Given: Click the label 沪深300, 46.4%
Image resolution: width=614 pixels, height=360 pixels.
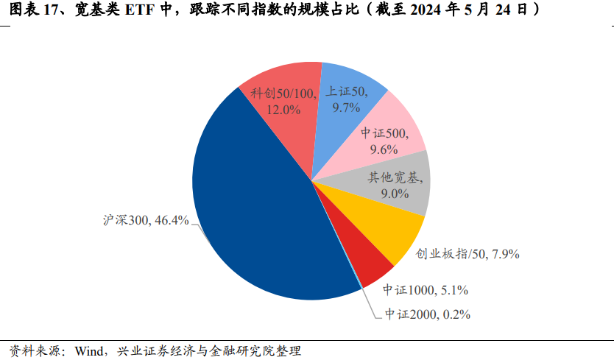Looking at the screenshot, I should tap(146, 220).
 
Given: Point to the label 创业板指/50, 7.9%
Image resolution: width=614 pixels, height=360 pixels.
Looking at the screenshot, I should tap(468, 254).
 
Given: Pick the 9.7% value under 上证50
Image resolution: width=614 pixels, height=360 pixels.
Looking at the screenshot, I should tap(345, 107).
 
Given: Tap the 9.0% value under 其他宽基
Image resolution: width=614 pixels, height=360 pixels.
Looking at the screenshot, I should tap(394, 194).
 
